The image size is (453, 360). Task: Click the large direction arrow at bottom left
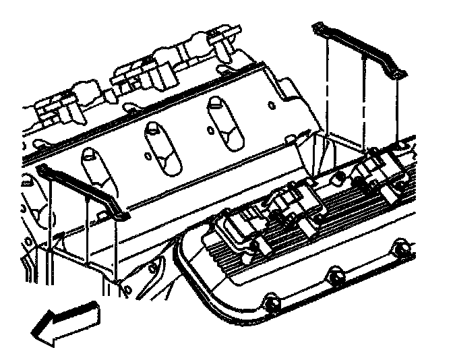point(64,323)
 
